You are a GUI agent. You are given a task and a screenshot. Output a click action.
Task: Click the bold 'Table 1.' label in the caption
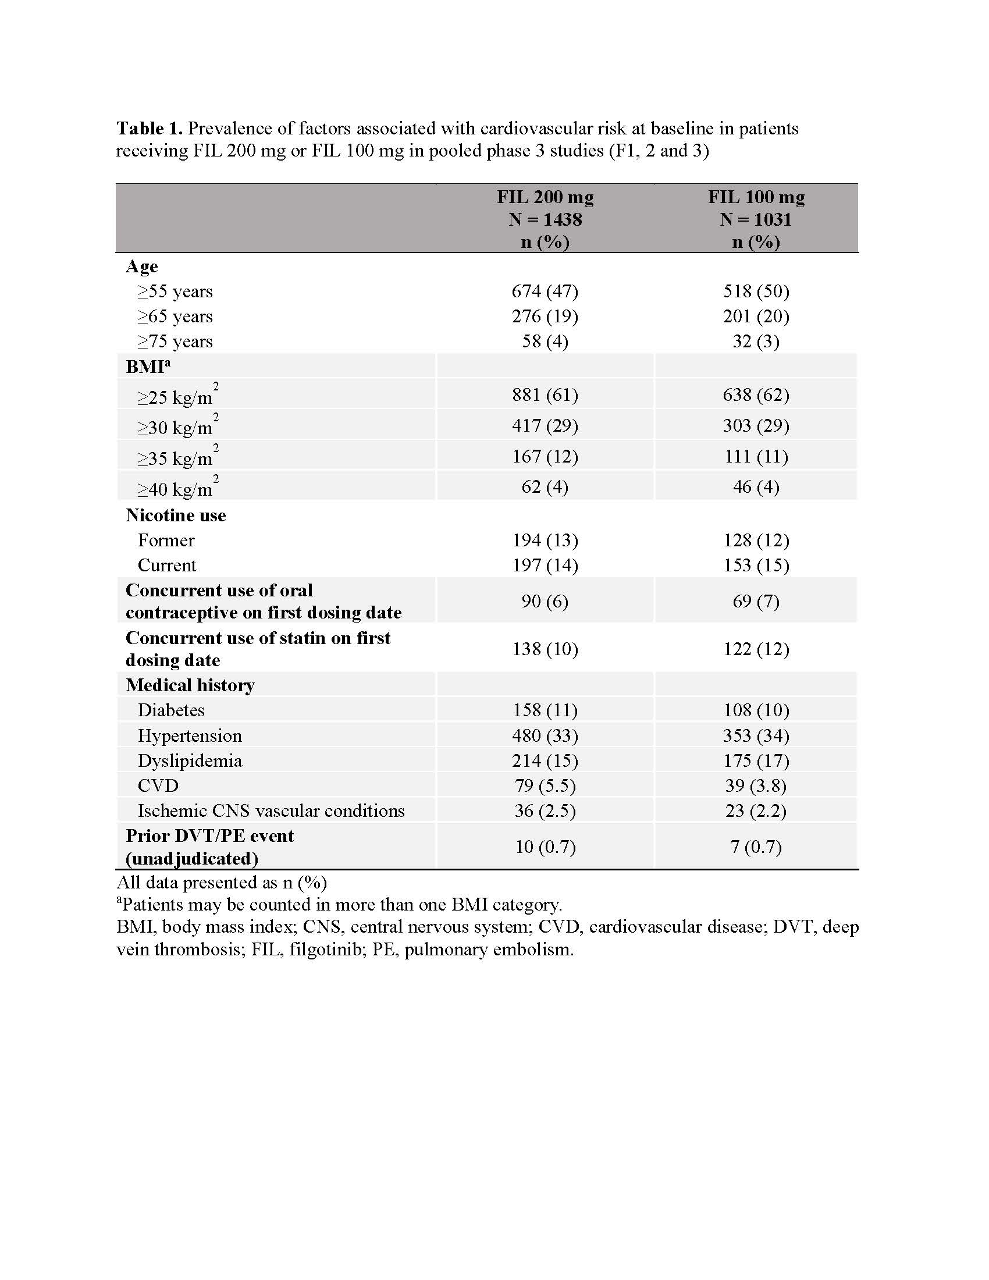pos(150,129)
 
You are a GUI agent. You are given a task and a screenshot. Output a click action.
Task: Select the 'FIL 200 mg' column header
pos(545,197)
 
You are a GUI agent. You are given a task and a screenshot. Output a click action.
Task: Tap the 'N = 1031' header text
pos(756,220)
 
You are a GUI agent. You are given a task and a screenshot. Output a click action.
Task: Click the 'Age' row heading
pos(142,266)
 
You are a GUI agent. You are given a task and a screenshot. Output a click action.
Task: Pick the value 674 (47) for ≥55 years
pos(545,291)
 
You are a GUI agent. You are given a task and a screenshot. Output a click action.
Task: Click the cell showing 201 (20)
pos(756,317)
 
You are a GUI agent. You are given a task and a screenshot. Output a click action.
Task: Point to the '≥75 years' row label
pos(175,342)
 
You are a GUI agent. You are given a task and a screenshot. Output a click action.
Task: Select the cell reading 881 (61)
pos(545,395)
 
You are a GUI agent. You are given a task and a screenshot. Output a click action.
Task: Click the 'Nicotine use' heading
pos(176,515)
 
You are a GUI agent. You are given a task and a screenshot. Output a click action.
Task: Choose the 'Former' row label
pos(166,541)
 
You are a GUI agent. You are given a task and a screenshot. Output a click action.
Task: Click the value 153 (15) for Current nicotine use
pos(756,566)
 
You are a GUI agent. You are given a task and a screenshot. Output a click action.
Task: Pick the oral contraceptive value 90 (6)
pos(545,602)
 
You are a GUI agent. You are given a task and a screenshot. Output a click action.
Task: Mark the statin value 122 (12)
pos(756,649)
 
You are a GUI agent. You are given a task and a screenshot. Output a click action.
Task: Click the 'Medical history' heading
pos(190,685)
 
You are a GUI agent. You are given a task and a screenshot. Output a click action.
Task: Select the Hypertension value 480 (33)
pos(545,736)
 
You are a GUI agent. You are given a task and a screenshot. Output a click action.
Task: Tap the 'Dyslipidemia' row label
pos(190,761)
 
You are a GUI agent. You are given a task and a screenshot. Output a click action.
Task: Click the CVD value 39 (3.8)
pos(756,786)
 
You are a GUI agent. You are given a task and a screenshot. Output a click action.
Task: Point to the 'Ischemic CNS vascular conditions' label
pos(271,811)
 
